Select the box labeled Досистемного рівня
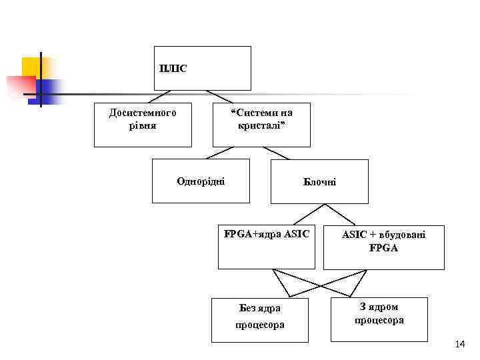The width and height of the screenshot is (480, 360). pos(143,125)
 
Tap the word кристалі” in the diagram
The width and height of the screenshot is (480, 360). pos(262,125)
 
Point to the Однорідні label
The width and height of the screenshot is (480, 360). pos(201,181)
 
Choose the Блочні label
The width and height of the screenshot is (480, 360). pos(319,181)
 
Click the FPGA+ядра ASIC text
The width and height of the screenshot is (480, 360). pos(267,234)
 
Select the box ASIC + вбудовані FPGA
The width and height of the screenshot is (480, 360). pos(383,247)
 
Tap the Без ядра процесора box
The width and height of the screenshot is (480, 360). pos(260,320)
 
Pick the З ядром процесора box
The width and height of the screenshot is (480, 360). pos(379,319)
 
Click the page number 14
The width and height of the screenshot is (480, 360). pos(459,345)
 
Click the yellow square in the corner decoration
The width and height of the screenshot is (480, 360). pos(32,66)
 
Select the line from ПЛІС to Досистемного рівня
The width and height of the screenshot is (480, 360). pos(161,96)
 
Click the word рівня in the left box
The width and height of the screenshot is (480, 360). pos(143,125)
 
